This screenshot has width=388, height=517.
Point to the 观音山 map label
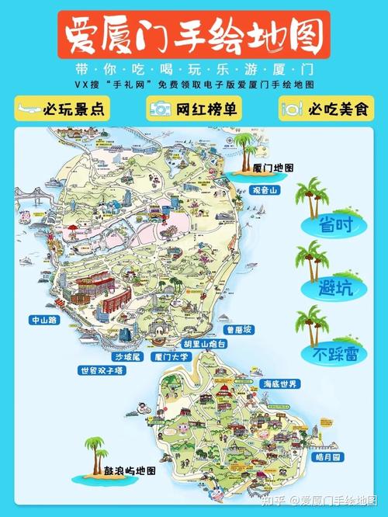tap(270, 189)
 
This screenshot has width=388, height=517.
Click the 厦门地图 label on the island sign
tap(273, 168)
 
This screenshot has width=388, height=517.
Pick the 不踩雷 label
tap(328, 354)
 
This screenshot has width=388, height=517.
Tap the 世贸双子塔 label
tap(101, 371)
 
